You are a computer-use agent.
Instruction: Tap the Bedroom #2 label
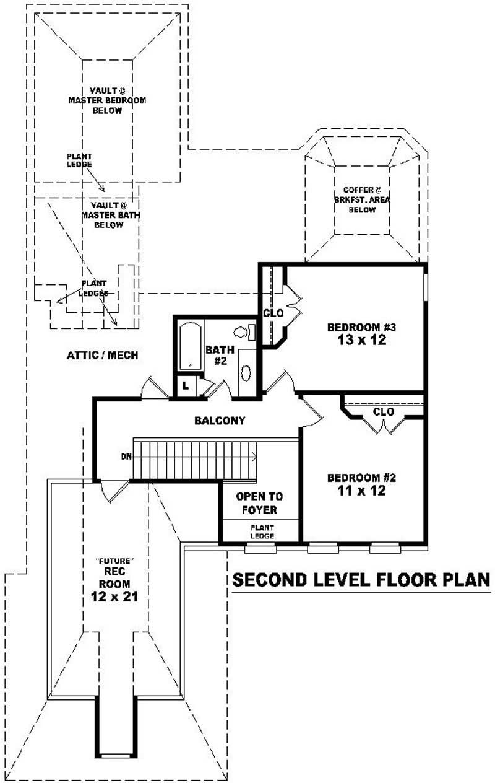pos(361,478)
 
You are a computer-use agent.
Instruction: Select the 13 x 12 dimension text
pos(361,340)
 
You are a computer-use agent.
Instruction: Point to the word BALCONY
pos(220,421)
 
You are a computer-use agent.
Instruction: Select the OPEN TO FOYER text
pos(260,503)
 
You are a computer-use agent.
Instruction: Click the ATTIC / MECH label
pos(102,356)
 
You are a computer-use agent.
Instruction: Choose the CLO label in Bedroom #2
pos(384,411)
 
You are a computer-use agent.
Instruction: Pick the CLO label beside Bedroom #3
pos(273,313)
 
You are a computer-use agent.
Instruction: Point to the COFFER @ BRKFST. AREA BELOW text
pos(361,200)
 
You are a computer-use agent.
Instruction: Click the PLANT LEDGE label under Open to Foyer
pos(262,531)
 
